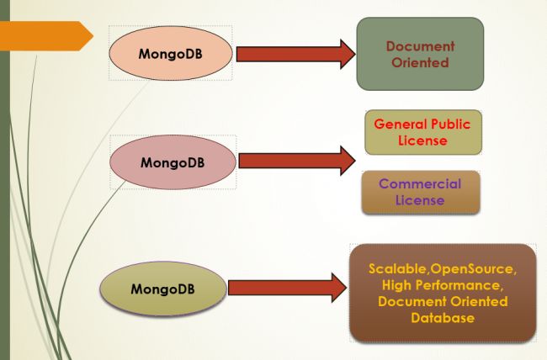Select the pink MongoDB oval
174,160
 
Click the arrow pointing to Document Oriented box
295,54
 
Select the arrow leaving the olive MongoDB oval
286,289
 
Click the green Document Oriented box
420,54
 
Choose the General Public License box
422,132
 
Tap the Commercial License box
420,193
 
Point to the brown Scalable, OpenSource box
442,293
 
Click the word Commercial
420,184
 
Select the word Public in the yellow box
451,124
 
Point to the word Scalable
398,268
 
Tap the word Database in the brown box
442,318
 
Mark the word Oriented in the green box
420,62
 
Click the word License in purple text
420,201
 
